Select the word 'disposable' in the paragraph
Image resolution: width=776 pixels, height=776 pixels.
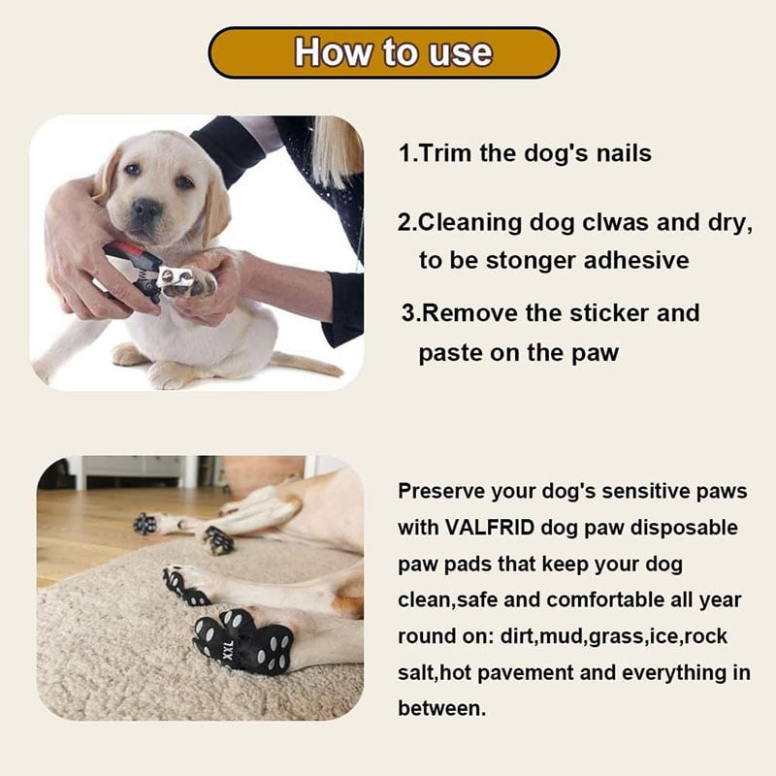click(x=684, y=528)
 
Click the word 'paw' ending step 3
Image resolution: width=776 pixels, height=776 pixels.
click(x=595, y=352)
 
